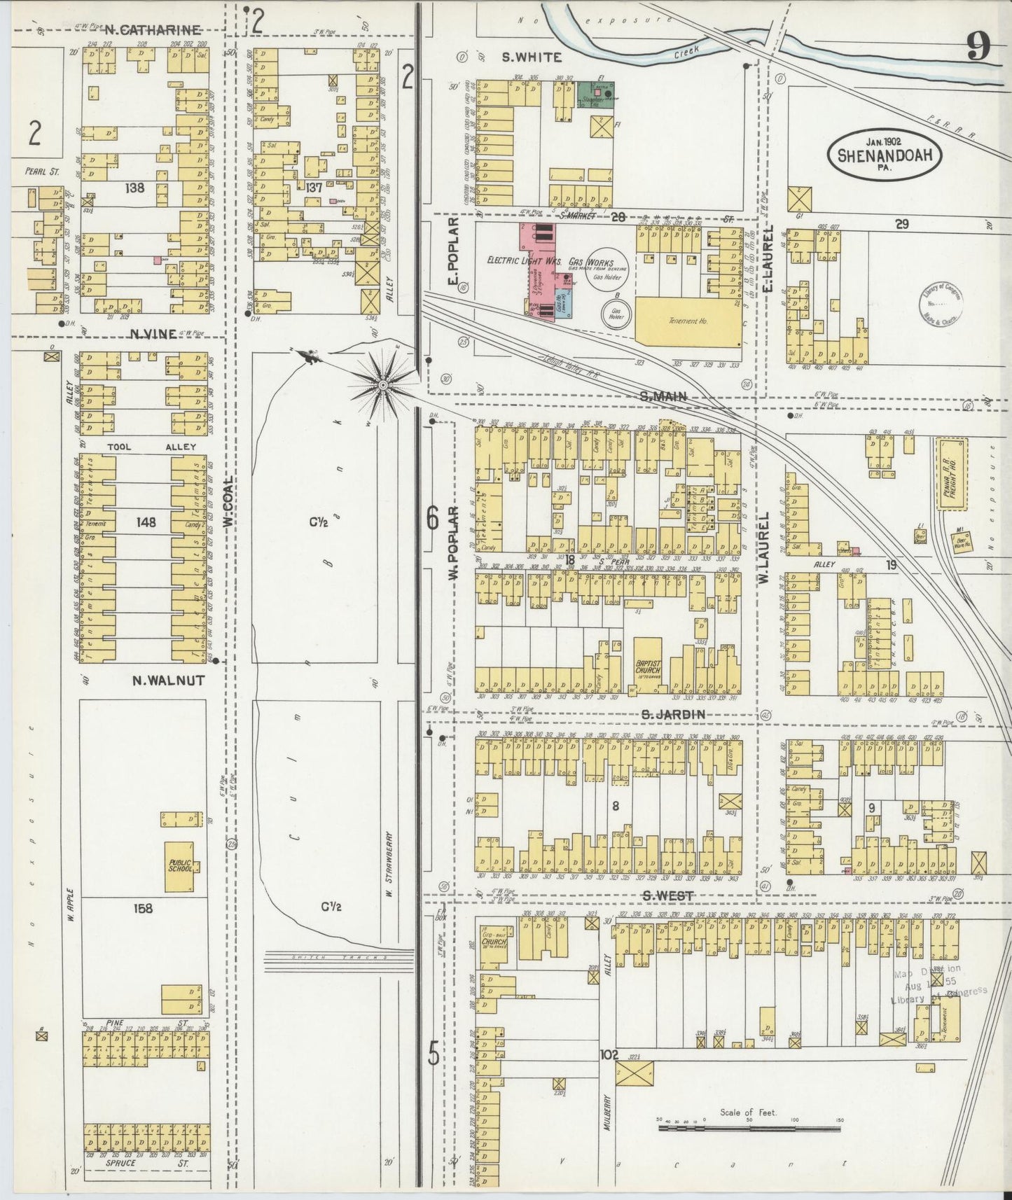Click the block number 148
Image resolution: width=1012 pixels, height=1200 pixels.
(147, 522)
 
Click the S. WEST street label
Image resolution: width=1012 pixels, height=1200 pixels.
(667, 896)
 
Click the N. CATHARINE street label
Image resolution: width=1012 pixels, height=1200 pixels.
(153, 30)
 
